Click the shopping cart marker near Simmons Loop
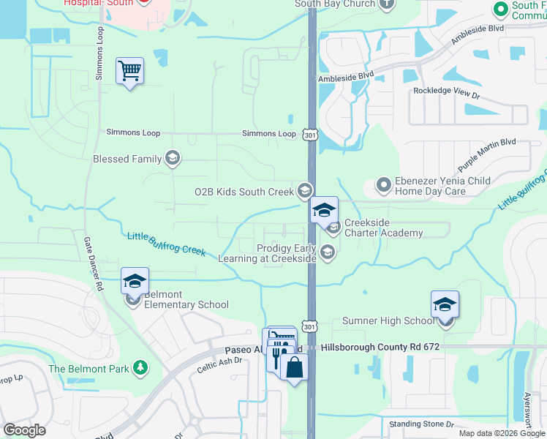(129, 72)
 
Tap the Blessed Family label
(127, 159)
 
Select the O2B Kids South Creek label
(244, 192)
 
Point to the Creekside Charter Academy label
(383, 228)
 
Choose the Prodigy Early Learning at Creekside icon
(328, 253)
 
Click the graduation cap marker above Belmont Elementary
(135, 280)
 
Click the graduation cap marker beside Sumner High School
(445, 304)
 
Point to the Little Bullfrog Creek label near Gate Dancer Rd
(167, 244)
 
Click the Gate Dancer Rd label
(92, 264)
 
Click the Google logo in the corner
(24, 429)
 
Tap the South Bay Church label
(335, 4)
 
